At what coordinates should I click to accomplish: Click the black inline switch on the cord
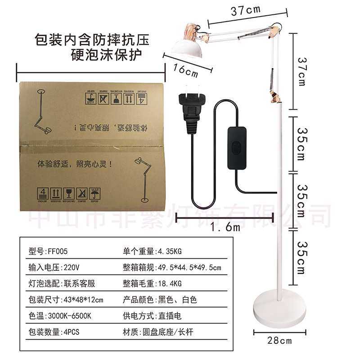coord(237,148)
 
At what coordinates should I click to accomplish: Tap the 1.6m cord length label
coord(225,227)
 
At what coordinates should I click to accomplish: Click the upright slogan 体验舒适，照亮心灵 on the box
coord(72,165)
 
